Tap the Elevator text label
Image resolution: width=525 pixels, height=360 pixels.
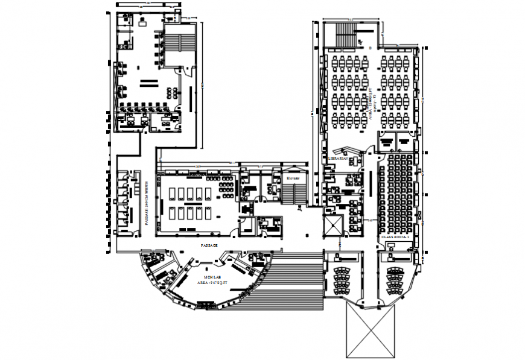coord(294,178)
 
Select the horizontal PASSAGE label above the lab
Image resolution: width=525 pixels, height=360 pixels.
coord(209,246)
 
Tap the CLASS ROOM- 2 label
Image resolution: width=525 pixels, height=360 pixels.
coord(395,238)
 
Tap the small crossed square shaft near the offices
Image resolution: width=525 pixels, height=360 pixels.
coord(332,225)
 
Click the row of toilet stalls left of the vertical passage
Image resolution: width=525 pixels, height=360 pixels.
coord(124,199)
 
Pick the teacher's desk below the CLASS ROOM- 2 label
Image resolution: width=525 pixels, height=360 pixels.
coord(395,255)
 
